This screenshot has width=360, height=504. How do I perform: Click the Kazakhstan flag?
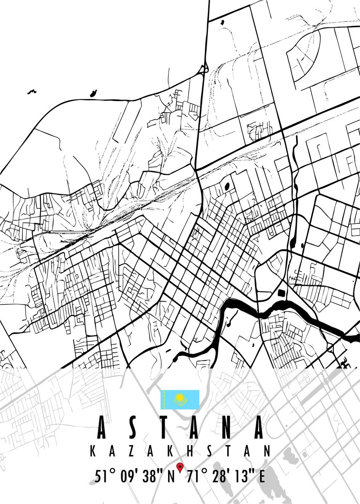coord(180,399)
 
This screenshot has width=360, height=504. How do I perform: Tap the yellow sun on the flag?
coord(180,397)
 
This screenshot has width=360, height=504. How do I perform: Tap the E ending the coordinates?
coord(262,478)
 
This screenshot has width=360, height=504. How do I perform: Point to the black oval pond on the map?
coord(227,186)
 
